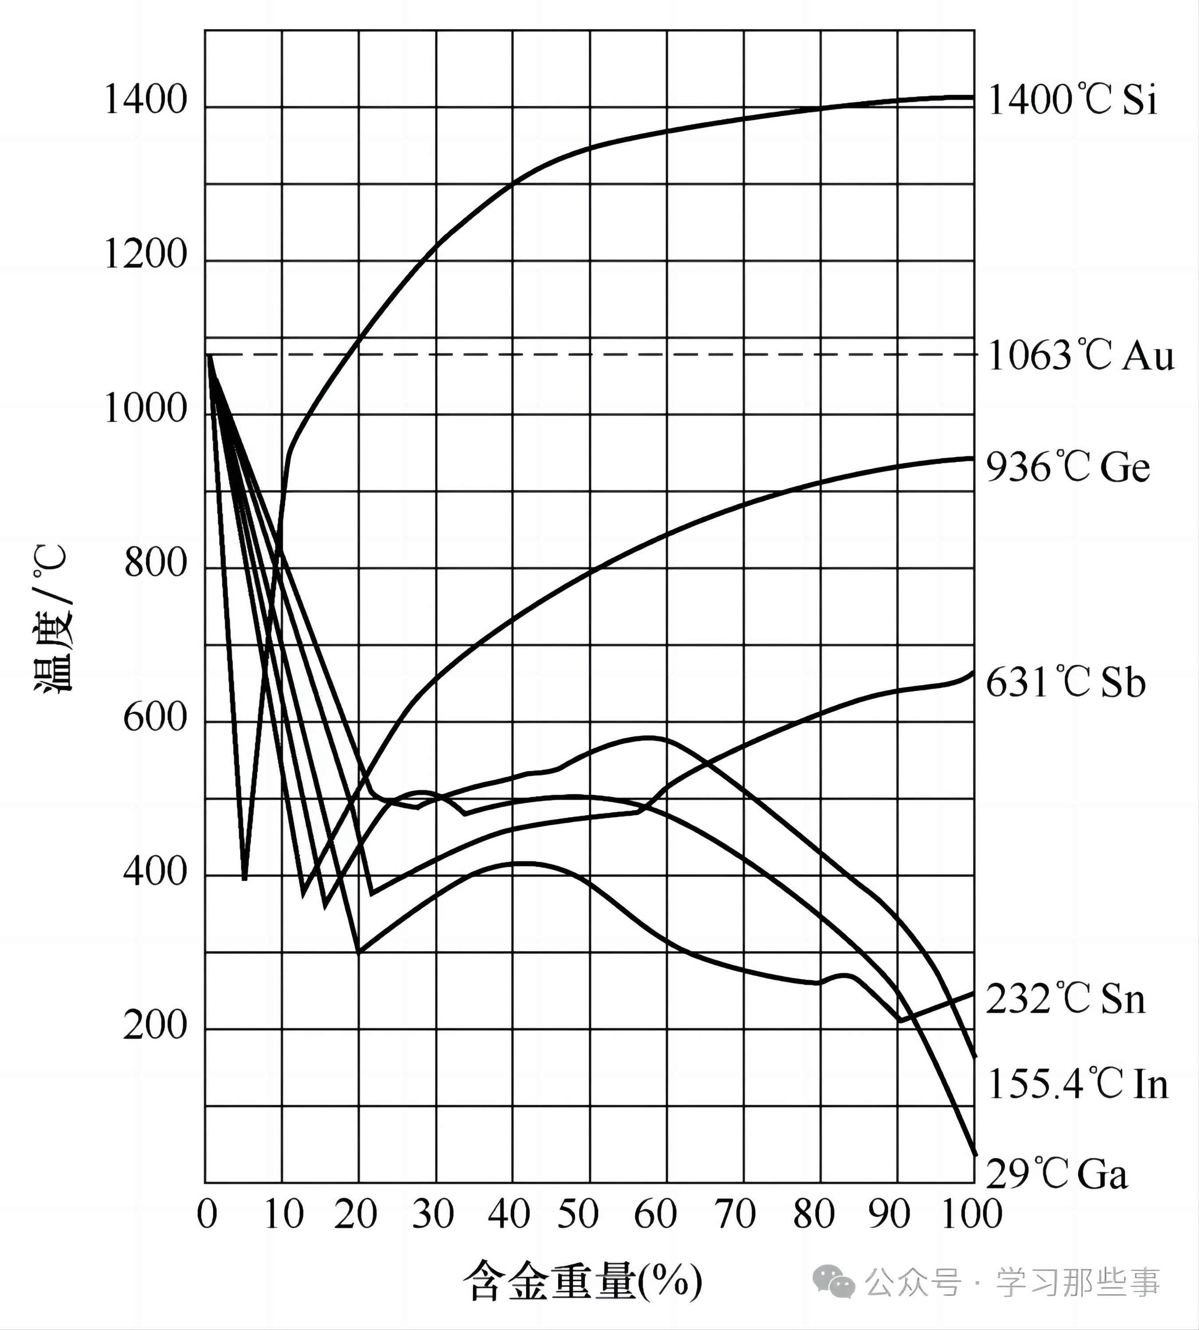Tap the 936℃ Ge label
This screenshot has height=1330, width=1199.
pos(1068,468)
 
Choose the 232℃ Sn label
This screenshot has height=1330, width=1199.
pos(1065,999)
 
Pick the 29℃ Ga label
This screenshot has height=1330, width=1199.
pos(1057,1174)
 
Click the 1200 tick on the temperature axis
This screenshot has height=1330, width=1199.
pos(145,254)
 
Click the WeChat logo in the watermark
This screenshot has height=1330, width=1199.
pos(833,1281)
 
